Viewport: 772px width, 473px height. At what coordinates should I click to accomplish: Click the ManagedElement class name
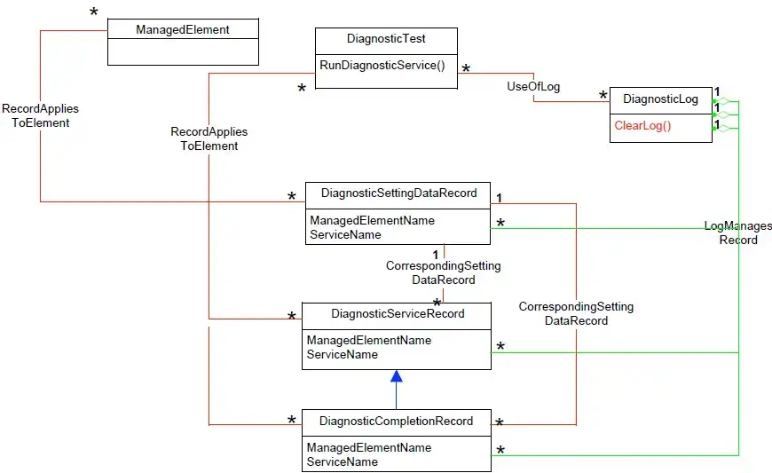click(x=183, y=29)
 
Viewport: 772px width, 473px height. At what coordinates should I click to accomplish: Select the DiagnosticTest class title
click(x=386, y=39)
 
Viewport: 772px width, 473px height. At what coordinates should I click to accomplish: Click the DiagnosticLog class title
click(x=661, y=99)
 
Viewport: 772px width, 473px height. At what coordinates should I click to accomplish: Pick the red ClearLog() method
click(x=643, y=125)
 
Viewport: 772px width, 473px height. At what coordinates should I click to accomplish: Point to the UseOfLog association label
click(x=533, y=86)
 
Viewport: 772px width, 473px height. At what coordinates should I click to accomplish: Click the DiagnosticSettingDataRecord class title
click(x=398, y=193)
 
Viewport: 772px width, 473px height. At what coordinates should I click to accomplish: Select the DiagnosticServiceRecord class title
click(x=398, y=313)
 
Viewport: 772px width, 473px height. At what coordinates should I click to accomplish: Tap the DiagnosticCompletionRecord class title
click(x=396, y=421)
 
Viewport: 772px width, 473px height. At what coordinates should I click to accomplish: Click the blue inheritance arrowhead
click(x=397, y=376)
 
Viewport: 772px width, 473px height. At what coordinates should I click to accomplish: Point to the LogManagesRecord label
click(x=737, y=233)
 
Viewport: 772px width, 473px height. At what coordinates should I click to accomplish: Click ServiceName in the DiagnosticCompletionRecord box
click(x=342, y=461)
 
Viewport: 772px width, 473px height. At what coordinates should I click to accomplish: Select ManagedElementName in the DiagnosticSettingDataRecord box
click(x=371, y=220)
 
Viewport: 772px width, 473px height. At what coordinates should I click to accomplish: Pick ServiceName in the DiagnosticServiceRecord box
click(x=342, y=354)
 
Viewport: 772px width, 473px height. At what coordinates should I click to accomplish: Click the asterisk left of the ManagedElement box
click(x=94, y=14)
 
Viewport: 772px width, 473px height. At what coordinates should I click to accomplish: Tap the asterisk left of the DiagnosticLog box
click(x=603, y=96)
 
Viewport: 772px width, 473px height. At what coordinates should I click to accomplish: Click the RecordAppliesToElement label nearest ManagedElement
click(x=40, y=116)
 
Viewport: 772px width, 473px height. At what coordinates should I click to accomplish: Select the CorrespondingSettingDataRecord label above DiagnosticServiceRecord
click(x=443, y=272)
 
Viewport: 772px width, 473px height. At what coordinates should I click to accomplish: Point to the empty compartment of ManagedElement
click(x=183, y=52)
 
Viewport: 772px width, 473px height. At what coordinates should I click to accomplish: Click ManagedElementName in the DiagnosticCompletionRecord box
click(x=369, y=447)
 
